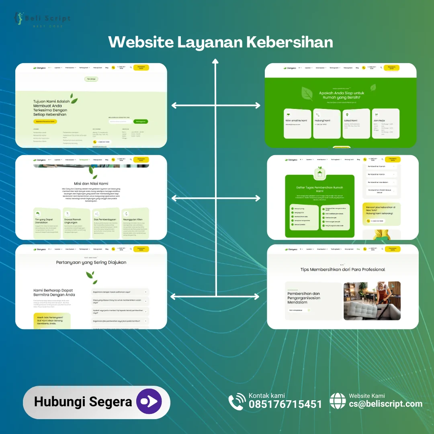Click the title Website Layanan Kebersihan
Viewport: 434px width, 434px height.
(x=221, y=42)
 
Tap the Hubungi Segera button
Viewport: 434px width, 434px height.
(x=83, y=402)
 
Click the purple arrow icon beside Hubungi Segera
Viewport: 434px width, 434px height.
(x=149, y=402)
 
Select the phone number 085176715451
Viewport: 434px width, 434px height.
(x=285, y=404)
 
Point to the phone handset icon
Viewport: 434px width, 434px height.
(x=237, y=402)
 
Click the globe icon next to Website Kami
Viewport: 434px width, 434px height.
(x=338, y=401)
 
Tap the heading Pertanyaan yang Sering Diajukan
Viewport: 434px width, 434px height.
(x=91, y=262)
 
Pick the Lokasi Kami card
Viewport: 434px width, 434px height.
(x=356, y=123)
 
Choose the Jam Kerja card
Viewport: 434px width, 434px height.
(x=385, y=123)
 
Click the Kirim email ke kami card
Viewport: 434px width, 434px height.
(x=297, y=123)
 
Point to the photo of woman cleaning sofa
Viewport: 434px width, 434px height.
(x=372, y=301)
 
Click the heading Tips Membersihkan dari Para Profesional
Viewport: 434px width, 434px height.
(x=342, y=269)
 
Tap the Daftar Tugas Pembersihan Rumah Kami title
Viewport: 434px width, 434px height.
(x=320, y=189)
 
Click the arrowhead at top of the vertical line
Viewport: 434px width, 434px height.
(x=215, y=61)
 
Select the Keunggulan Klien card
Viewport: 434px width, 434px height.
(x=135, y=223)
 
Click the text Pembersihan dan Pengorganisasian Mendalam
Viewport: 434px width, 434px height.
(x=304, y=298)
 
